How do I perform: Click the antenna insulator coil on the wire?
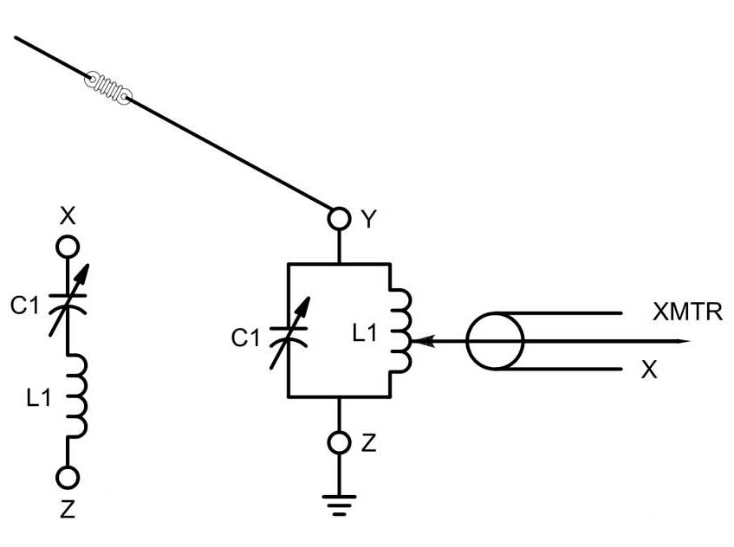108,88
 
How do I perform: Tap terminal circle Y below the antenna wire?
339,218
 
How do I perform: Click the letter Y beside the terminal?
369,219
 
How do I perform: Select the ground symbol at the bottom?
339,505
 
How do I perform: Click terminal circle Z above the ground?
339,442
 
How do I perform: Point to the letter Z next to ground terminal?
369,443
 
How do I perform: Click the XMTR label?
688,312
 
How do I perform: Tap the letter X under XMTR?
649,370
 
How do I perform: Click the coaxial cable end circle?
495,341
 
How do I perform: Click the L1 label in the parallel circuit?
365,333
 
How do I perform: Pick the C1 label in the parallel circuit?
245,338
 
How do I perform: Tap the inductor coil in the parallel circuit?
401,331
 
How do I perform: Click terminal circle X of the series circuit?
68,247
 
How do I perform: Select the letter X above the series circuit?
68,216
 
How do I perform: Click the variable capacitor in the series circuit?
68,300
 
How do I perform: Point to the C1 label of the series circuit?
25,306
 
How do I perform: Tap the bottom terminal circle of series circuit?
68,478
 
